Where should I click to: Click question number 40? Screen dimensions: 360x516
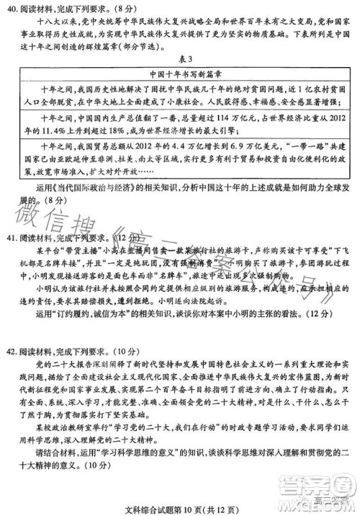click(x=12, y=9)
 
